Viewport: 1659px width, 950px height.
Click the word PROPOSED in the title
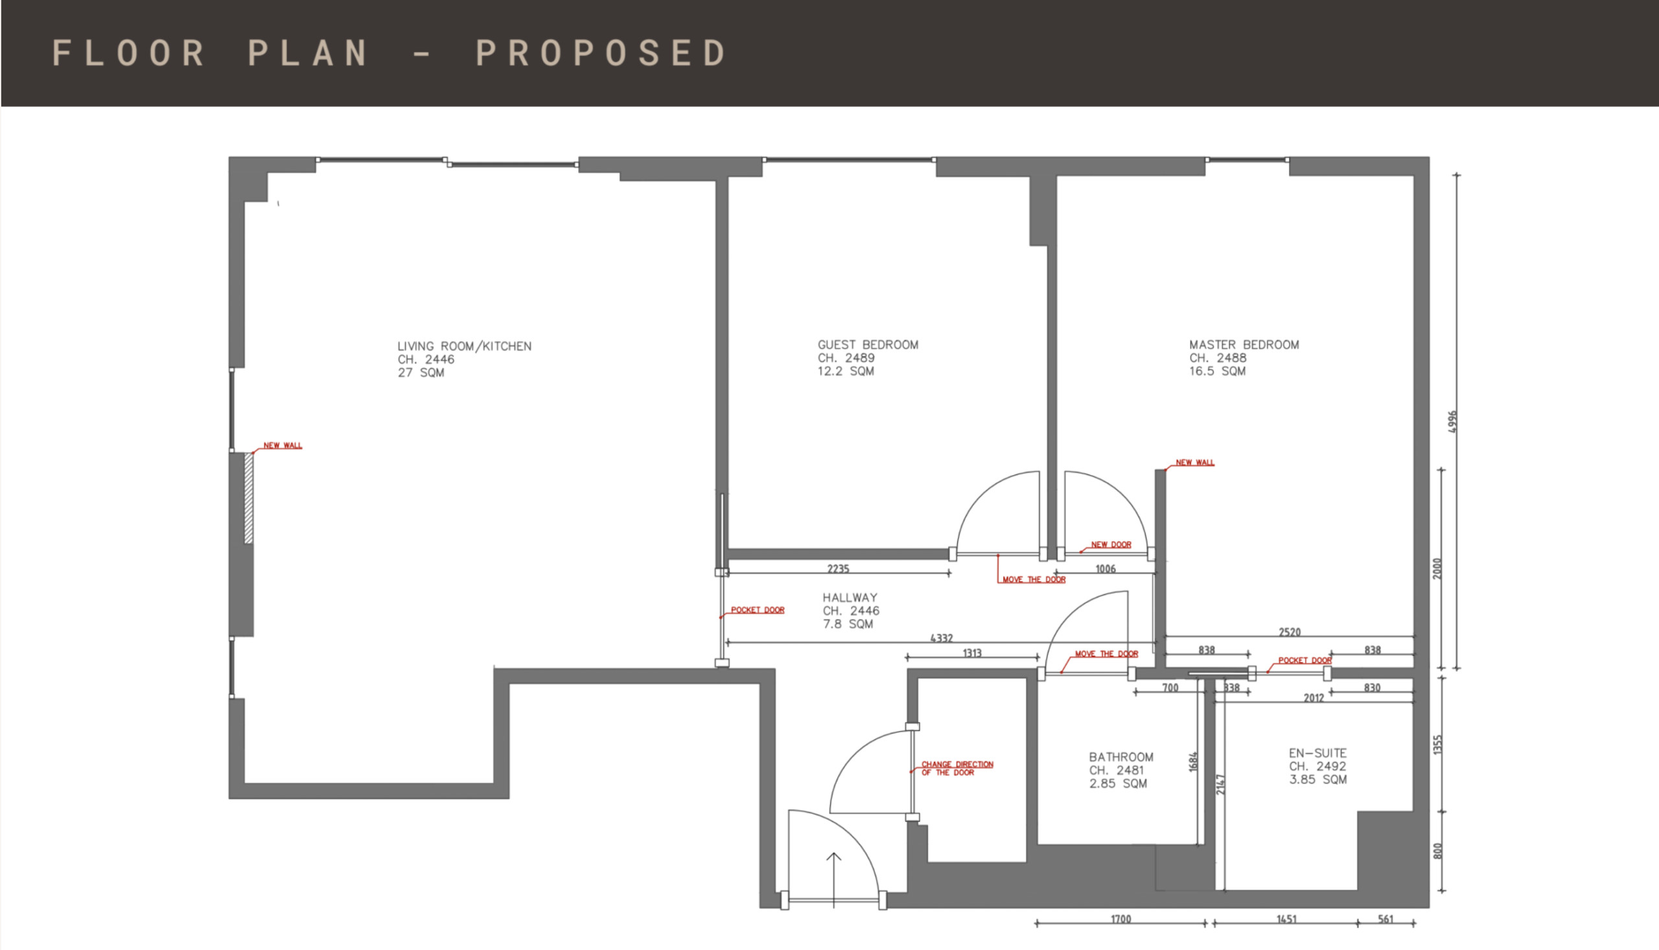pos(601,53)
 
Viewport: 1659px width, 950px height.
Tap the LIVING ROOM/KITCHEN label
pos(465,347)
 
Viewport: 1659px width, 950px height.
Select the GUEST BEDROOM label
pos(868,345)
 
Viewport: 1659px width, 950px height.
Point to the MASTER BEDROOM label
pos(1244,345)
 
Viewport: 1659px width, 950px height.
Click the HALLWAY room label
pos(850,597)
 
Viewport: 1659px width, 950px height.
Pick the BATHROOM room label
pos(1120,757)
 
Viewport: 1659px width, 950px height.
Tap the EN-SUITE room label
pos(1317,753)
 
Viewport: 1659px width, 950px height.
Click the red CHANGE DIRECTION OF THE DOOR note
pos(957,768)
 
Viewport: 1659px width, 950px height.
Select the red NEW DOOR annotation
pos(1111,544)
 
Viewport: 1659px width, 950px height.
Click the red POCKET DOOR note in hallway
pos(758,610)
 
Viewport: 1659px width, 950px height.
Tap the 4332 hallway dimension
pos(942,638)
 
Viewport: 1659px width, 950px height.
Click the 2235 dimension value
pos(839,568)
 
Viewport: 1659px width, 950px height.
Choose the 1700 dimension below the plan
pos(1120,920)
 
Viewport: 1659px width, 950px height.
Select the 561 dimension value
pos(1386,920)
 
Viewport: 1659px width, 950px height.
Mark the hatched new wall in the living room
pos(249,498)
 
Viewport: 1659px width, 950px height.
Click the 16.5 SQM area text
pos(1217,371)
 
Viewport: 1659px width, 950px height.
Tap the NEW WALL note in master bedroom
pos(1195,463)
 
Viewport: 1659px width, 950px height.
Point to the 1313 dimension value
pos(972,653)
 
